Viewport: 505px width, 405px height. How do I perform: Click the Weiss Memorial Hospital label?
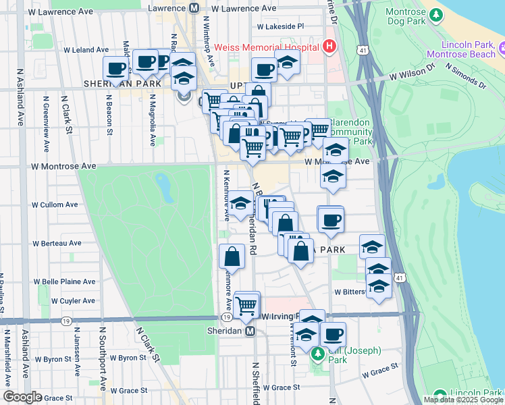click(x=267, y=47)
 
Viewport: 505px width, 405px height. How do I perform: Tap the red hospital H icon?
click(x=329, y=47)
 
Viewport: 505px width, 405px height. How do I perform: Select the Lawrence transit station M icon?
click(x=194, y=8)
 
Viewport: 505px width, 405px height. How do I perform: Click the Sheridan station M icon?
click(x=250, y=331)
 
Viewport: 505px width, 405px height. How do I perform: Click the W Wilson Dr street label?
click(x=412, y=71)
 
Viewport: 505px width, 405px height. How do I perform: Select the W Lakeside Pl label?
click(x=281, y=26)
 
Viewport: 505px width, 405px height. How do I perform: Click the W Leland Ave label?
click(x=86, y=50)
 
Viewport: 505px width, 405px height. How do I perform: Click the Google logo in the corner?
click(x=22, y=397)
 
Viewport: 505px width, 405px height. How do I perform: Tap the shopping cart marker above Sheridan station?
click(x=247, y=306)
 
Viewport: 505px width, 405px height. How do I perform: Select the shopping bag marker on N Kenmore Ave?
click(x=232, y=257)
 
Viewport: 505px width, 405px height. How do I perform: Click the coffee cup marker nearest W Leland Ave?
click(x=115, y=68)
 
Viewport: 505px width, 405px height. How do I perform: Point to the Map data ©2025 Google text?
click(x=463, y=400)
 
